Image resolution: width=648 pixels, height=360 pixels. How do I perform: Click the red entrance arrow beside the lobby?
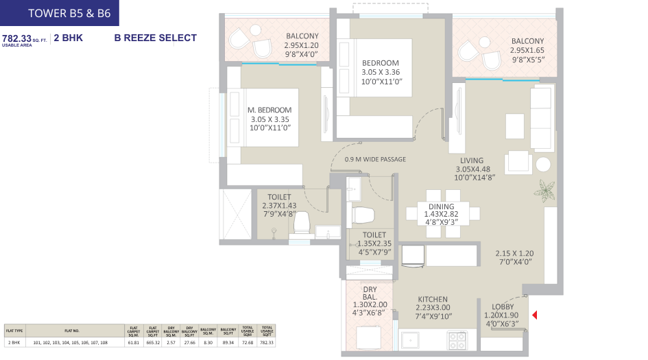pyautogui.click(x=536, y=315)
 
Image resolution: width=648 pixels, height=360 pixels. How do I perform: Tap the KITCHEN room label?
pyautogui.click(x=433, y=299)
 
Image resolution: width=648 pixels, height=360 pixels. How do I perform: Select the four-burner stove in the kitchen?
pyautogui.click(x=457, y=339)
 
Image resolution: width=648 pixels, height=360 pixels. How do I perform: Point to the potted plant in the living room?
pyautogui.click(x=547, y=189)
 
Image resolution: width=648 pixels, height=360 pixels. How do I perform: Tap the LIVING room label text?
pyautogui.click(x=472, y=160)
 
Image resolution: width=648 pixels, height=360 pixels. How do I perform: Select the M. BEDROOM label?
pyautogui.click(x=269, y=110)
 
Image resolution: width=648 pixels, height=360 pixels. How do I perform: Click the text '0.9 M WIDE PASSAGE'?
pyautogui.click(x=375, y=159)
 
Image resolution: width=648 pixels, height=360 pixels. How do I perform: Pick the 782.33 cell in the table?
pyautogui.click(x=266, y=341)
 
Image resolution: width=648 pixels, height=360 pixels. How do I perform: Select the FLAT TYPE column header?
pyautogui.click(x=14, y=330)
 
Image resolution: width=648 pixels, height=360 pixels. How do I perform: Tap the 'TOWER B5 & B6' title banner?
pyautogui.click(x=60, y=12)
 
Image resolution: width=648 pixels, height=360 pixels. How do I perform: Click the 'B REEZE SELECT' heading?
pyautogui.click(x=156, y=38)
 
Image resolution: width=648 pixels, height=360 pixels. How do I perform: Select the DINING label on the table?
pyautogui.click(x=441, y=207)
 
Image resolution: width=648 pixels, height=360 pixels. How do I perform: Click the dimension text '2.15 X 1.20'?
pyautogui.click(x=514, y=253)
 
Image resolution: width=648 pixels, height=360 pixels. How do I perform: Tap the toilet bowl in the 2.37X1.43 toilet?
pyautogui.click(x=302, y=224)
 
